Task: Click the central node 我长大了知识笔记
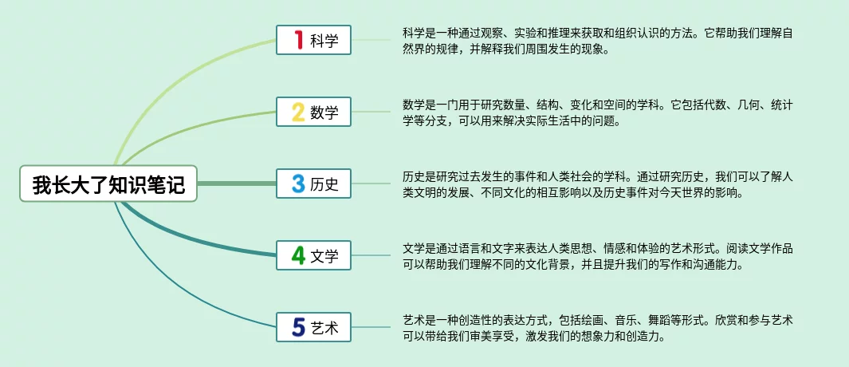pos(108,185)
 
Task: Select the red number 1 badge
pos(298,40)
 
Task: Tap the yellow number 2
pos(298,112)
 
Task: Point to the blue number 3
pos(298,184)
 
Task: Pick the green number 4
pos(298,255)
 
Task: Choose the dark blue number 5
pos(298,327)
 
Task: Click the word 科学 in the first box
pos(324,41)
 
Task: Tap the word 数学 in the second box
pos(324,113)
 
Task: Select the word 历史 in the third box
pos(324,185)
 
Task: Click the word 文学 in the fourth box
pos(324,256)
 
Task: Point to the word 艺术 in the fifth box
pos(324,328)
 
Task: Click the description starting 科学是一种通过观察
pos(597,41)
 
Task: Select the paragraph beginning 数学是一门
pos(597,113)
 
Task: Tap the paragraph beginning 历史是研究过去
pos(597,185)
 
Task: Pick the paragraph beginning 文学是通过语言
pos(597,256)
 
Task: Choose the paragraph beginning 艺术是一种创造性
pos(597,328)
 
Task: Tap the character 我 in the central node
pos(41,185)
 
